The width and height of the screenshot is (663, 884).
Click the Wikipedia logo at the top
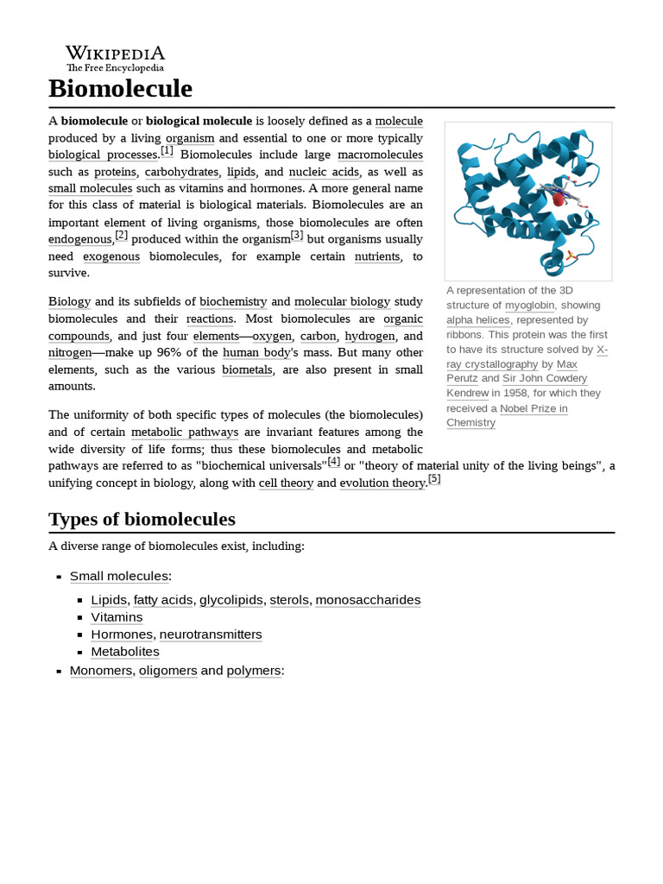(115, 58)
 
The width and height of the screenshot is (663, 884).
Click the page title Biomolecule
(120, 89)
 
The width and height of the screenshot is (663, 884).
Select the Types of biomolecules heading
(142, 519)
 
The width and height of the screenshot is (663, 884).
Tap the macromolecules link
(380, 155)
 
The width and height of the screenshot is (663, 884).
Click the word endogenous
(80, 239)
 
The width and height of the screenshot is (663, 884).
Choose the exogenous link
(110, 256)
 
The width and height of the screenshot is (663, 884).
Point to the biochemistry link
(233, 301)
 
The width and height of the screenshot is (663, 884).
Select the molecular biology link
(342, 301)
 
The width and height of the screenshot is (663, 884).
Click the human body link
(257, 352)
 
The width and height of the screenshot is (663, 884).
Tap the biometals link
(247, 369)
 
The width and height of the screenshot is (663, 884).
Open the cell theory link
(286, 483)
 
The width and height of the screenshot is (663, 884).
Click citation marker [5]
(434, 479)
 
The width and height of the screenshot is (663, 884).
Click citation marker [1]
(167, 151)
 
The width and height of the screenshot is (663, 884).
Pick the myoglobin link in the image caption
(528, 306)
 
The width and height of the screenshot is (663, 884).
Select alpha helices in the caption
(477, 320)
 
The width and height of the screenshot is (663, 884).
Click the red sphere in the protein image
(558, 199)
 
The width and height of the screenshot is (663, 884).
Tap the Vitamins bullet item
(117, 617)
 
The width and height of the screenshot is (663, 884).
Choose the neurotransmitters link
(211, 635)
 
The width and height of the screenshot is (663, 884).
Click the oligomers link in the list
(167, 671)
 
